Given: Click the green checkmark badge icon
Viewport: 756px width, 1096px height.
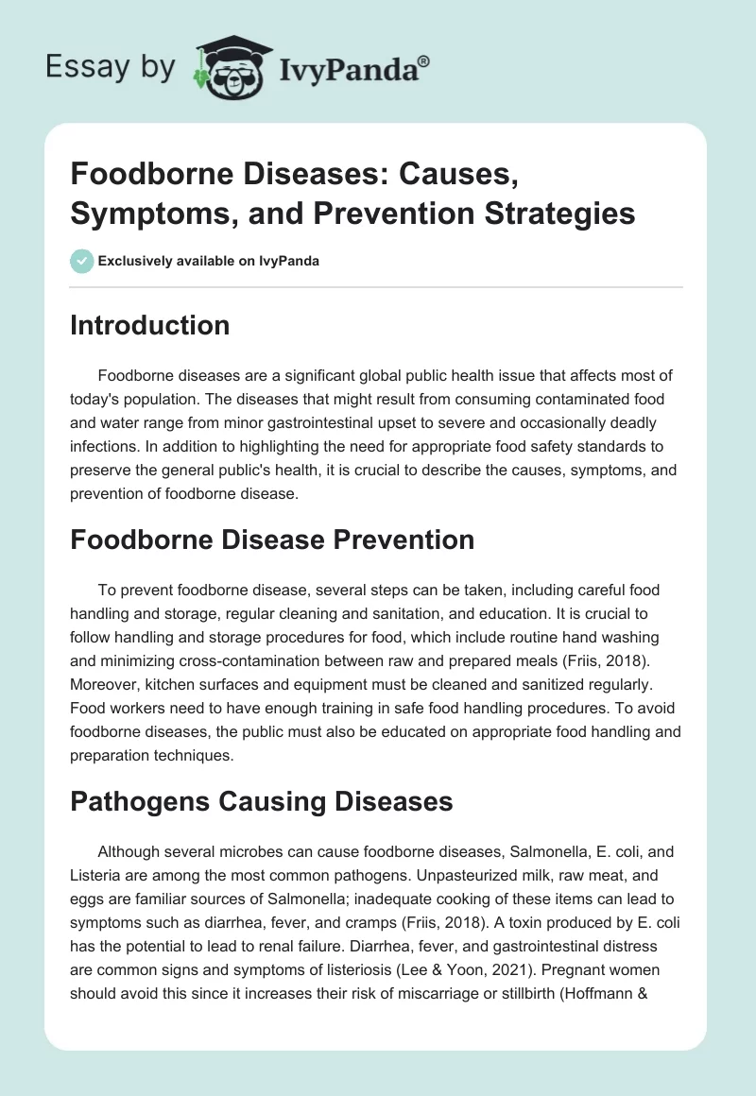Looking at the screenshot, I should [x=81, y=261].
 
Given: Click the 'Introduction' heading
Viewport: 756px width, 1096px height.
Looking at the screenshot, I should [x=150, y=325].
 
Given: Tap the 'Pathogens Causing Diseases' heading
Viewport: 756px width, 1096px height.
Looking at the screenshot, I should [x=261, y=801].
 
